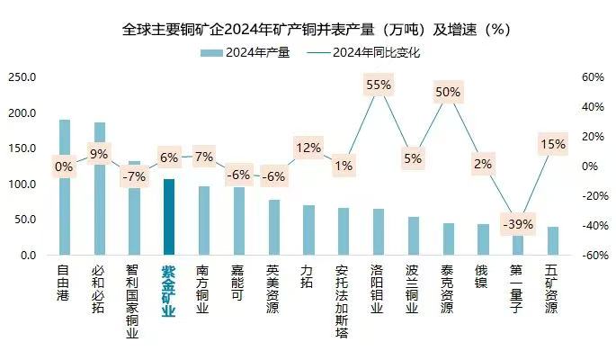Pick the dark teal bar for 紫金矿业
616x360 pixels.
[169, 217]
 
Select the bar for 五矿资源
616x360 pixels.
[552, 241]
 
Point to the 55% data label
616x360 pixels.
[379, 85]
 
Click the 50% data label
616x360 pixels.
[448, 92]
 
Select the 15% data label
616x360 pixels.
[552, 144]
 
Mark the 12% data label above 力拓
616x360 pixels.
[308, 148]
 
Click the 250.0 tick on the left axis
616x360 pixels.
[22, 77]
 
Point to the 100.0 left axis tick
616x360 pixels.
[22, 184]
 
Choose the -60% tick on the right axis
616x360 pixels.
[591, 256]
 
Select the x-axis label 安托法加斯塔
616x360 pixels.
[343, 302]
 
